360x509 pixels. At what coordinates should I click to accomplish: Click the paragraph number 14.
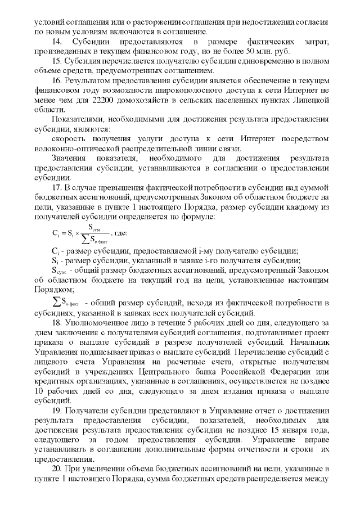pyautogui.click(x=56, y=43)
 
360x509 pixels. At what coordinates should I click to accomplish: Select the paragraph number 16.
pyautogui.click(x=56, y=82)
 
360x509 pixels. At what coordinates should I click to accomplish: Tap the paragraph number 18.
pyautogui.click(x=56, y=323)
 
